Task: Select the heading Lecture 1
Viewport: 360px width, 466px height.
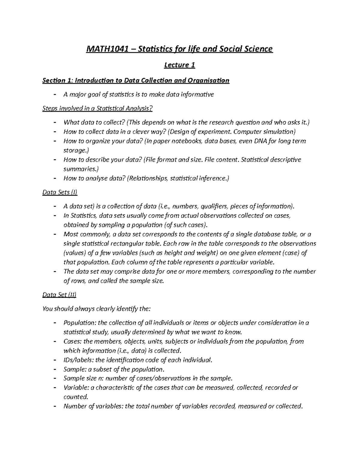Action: [x=179, y=65]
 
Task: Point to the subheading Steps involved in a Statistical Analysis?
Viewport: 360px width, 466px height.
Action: [x=97, y=108]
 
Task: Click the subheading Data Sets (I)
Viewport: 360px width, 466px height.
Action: [x=60, y=192]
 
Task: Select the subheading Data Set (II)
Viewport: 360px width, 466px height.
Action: [x=59, y=295]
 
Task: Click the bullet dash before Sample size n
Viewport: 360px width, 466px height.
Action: [x=54, y=378]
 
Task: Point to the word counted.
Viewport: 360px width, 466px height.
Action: [x=75, y=397]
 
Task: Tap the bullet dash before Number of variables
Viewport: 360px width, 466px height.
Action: [x=54, y=406]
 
